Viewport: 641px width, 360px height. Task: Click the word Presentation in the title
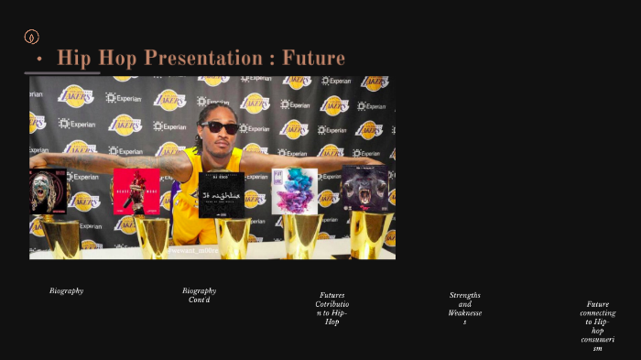pyautogui.click(x=198, y=59)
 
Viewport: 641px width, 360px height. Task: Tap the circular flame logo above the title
pyautogui.click(x=31, y=37)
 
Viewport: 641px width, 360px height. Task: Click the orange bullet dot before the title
pyautogui.click(x=39, y=60)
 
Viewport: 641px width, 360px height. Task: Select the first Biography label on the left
pyautogui.click(x=66, y=290)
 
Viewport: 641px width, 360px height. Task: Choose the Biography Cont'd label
pyautogui.click(x=199, y=295)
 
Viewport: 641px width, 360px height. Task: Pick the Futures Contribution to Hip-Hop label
pyautogui.click(x=331, y=309)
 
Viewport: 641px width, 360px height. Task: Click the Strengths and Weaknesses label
pyautogui.click(x=464, y=309)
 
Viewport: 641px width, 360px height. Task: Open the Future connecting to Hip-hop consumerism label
pyautogui.click(x=597, y=326)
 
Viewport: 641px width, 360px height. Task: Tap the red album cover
pyautogui.click(x=136, y=191)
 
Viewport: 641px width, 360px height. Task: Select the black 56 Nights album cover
pyautogui.click(x=222, y=195)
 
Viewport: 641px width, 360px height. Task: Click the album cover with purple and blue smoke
pyautogui.click(x=294, y=191)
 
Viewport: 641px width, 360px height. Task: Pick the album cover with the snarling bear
pyautogui.click(x=365, y=190)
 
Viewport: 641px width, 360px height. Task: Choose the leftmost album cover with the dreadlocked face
pyautogui.click(x=48, y=191)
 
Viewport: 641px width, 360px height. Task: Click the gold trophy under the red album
pyautogui.click(x=152, y=237)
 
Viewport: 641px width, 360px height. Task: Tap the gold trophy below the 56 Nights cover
pyautogui.click(x=233, y=238)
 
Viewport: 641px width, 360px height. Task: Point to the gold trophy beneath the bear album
pyautogui.click(x=371, y=235)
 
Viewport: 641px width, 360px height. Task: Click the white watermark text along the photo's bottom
pyautogui.click(x=195, y=248)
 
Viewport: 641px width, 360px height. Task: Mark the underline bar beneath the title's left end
pyautogui.click(x=61, y=72)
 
